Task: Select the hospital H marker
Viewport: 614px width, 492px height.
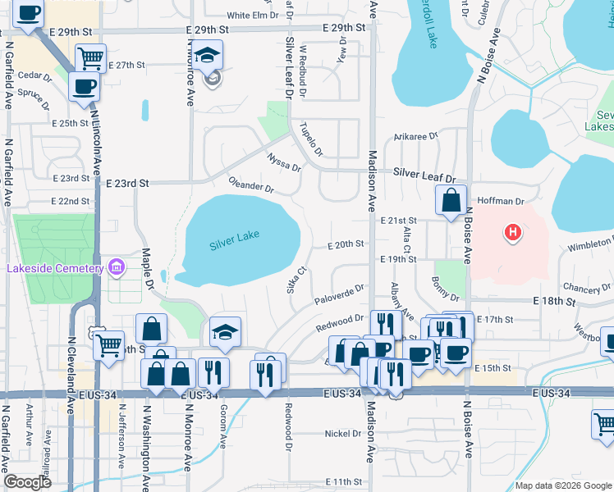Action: coord(513,233)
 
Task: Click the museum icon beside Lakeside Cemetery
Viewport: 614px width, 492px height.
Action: coord(115,267)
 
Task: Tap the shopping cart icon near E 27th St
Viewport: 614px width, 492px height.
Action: coord(90,57)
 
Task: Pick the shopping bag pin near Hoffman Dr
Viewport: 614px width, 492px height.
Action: coord(451,199)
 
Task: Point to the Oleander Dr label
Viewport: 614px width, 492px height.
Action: coord(250,186)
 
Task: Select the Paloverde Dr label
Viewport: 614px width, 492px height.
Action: coord(340,294)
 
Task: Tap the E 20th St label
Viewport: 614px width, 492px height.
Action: coord(345,244)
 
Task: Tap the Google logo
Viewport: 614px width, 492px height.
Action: coord(27,482)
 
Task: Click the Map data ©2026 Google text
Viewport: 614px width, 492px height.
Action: coord(563,485)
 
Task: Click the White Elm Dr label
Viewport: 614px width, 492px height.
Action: coord(253,16)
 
